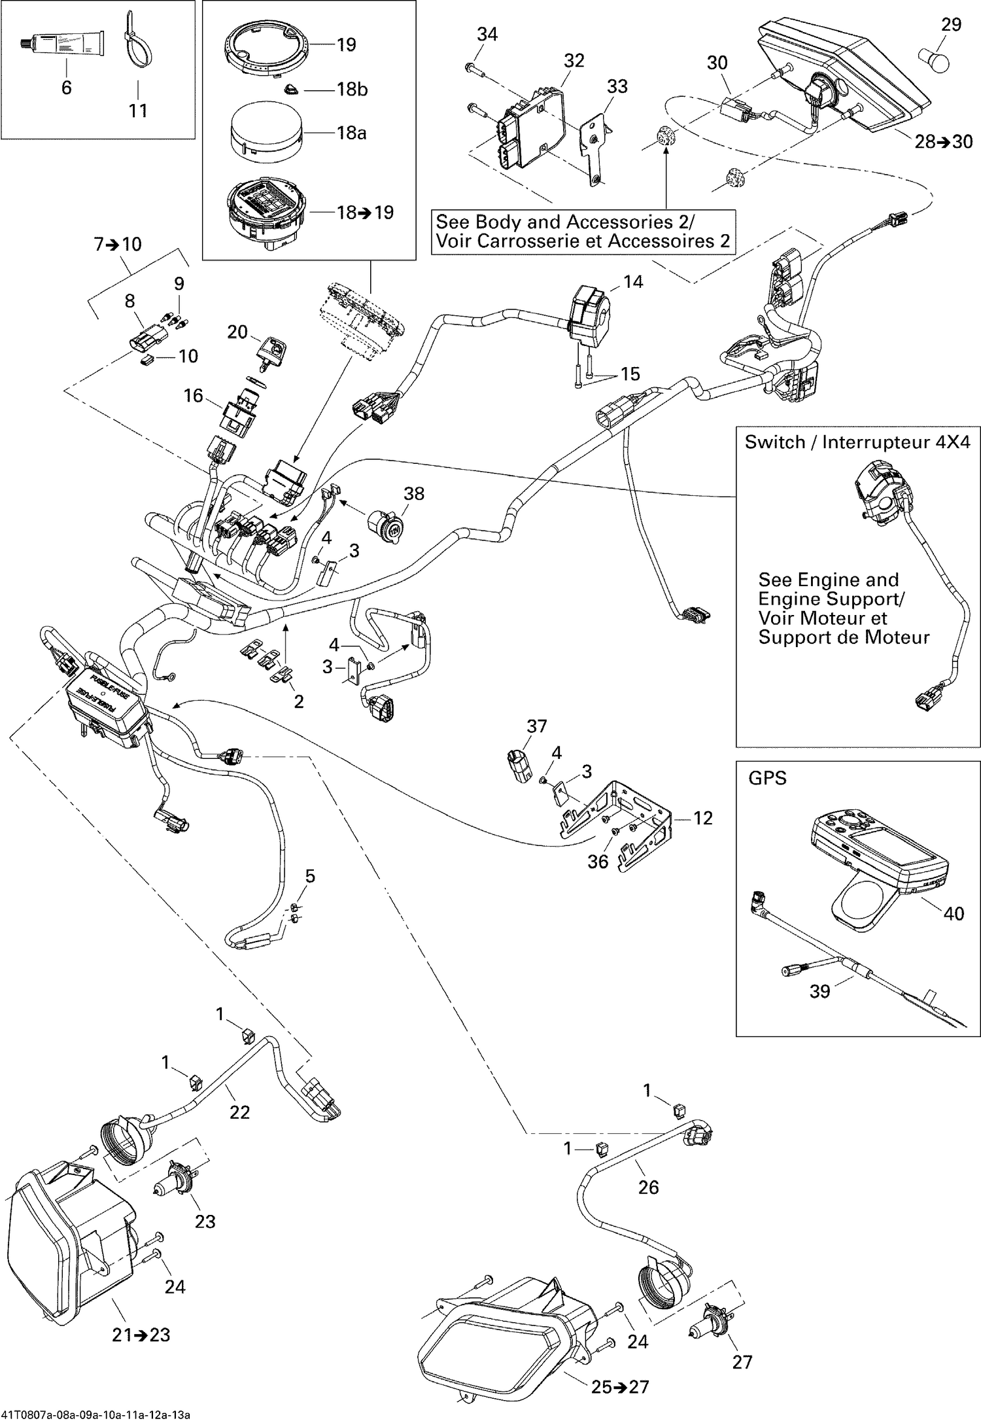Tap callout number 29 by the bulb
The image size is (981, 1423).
(x=951, y=24)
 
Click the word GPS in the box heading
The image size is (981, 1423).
(x=767, y=779)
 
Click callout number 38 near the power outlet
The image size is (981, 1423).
(x=413, y=493)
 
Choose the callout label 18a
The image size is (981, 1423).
(x=351, y=133)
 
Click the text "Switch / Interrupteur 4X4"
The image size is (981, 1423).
(x=857, y=442)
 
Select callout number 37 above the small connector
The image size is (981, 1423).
(x=537, y=726)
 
